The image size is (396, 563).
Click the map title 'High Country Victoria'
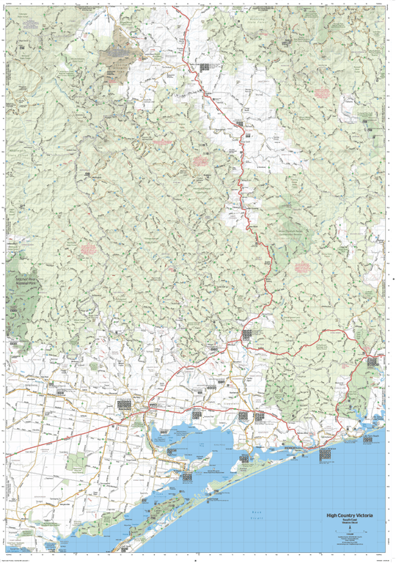pos(349,515)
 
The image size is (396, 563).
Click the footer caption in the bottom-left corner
pos(18,559)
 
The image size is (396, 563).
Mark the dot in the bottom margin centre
pos(197,559)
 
